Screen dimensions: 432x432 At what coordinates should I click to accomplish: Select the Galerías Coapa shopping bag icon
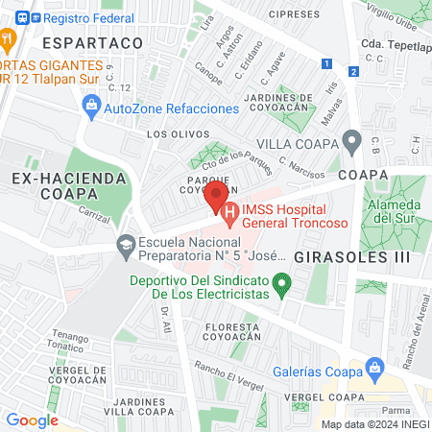[376, 367]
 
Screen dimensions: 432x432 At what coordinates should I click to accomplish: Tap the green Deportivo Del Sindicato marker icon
[281, 283]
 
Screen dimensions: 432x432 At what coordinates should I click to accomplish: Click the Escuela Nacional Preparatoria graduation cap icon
[126, 247]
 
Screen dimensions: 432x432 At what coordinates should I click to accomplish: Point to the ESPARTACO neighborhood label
[84, 43]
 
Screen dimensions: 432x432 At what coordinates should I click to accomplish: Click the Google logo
[32, 420]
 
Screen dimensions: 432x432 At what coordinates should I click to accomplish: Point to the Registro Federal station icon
[12, 15]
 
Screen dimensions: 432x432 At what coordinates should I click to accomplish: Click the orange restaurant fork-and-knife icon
[8, 39]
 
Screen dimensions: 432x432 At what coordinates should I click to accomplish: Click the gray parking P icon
[352, 145]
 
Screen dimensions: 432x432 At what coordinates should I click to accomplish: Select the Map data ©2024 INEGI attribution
[374, 423]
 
